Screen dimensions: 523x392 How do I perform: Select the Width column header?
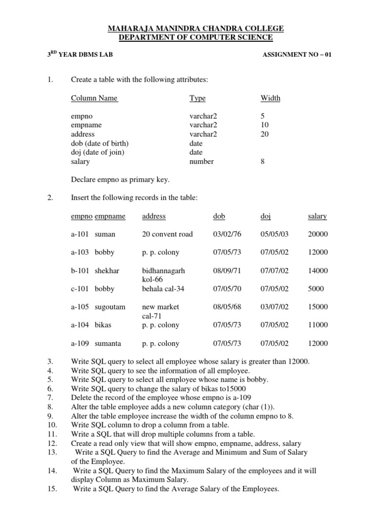pos(270,98)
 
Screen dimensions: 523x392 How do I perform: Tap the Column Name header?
pos(94,98)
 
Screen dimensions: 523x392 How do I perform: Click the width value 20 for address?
pos(264,134)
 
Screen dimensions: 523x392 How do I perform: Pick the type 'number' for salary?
pos(202,161)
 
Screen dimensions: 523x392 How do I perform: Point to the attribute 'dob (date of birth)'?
pos(100,143)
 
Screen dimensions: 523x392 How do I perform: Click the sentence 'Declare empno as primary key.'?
pos(120,179)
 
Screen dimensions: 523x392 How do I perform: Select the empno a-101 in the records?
pos(80,234)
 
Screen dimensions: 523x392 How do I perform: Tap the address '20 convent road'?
pos(167,234)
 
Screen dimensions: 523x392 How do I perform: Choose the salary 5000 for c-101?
pos(316,289)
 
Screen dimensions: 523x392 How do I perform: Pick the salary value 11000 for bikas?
pos(318,325)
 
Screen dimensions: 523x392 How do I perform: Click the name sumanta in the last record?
pos(108,343)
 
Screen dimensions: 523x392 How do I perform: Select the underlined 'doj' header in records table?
pos(265,216)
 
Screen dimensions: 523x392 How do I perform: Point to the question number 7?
pos(50,397)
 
